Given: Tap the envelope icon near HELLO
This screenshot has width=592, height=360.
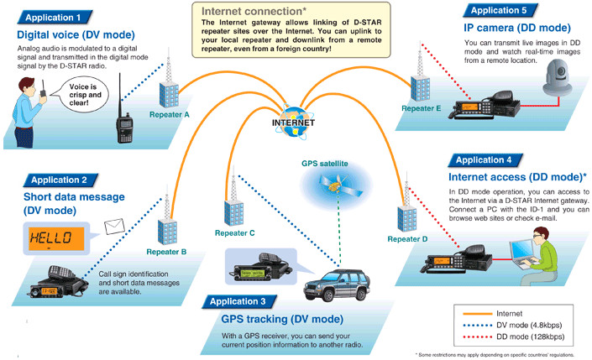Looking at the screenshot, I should click(114, 225).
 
